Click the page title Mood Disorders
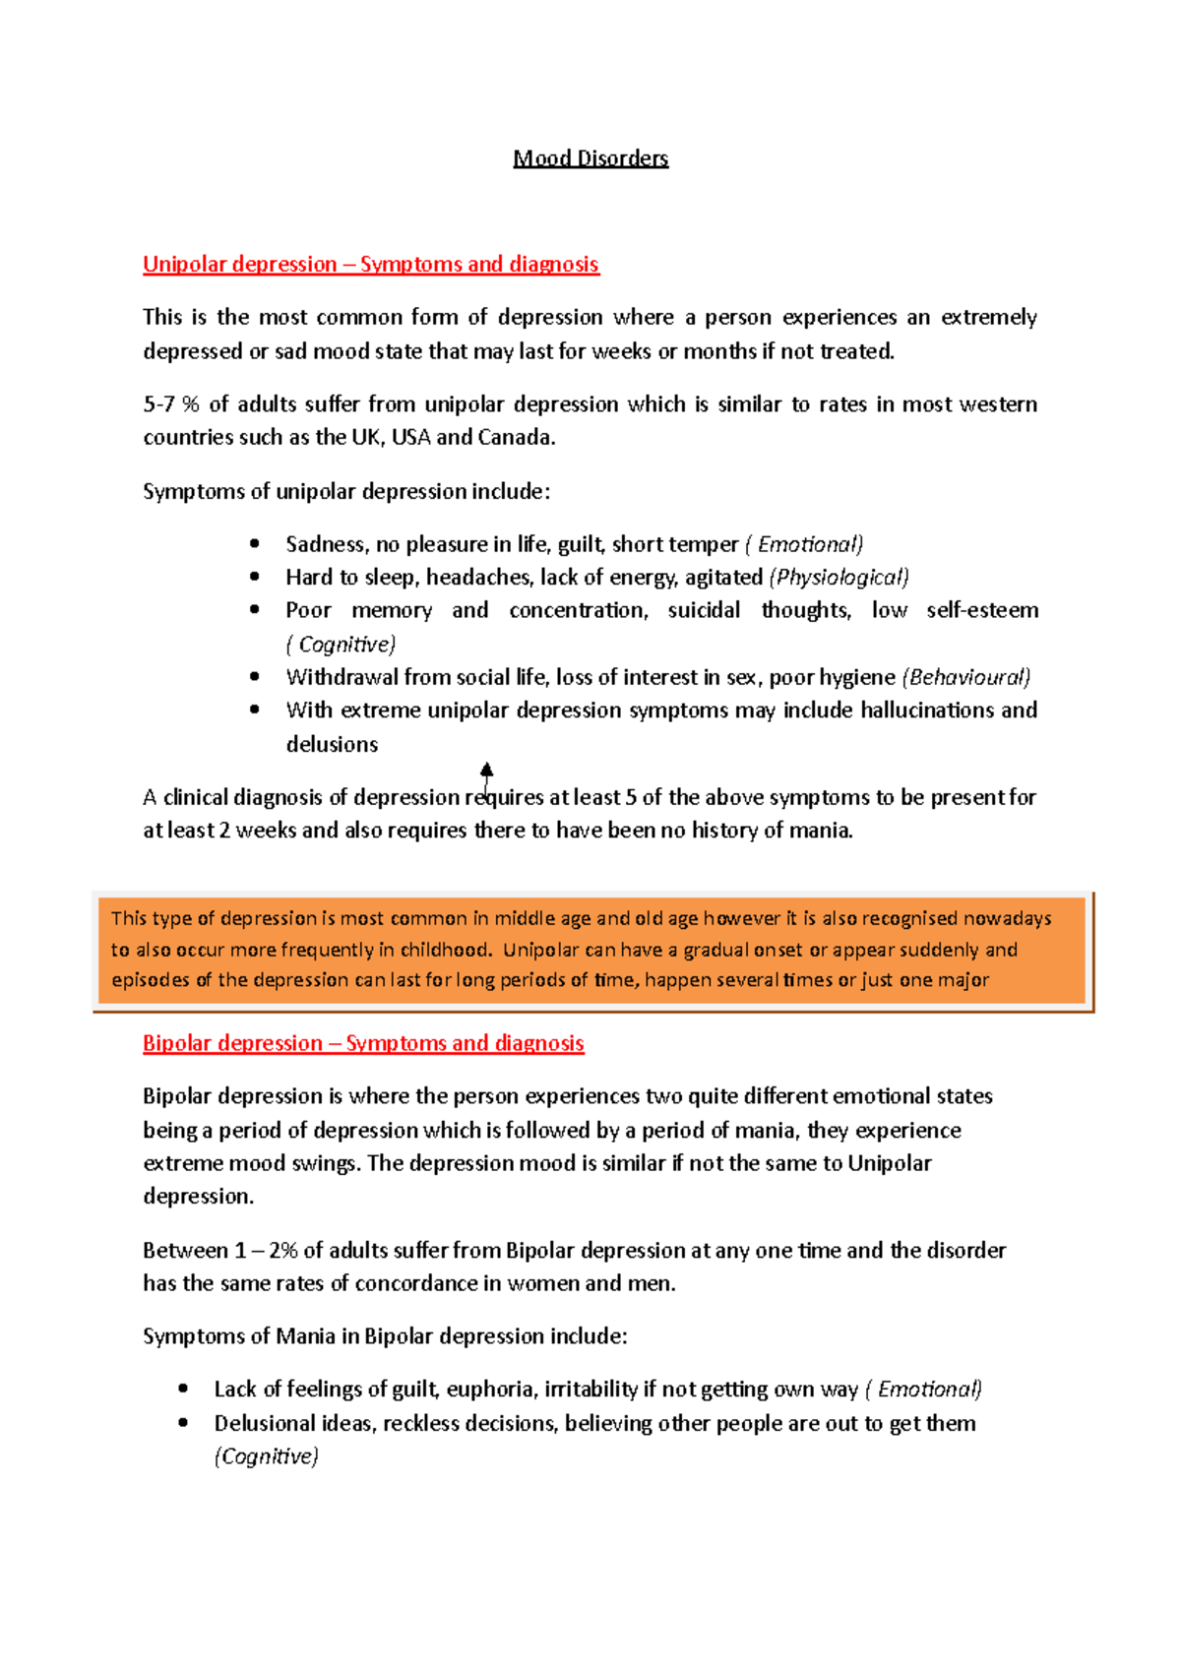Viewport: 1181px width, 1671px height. pos(590,158)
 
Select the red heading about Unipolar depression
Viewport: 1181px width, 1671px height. pos(370,264)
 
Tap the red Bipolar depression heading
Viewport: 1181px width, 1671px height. pos(363,1043)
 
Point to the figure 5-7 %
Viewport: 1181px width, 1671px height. pos(171,404)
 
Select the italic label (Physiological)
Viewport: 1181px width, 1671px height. pos(839,578)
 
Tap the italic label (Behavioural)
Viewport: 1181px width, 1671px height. pos(965,677)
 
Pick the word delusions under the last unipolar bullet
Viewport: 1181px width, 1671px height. pos(332,745)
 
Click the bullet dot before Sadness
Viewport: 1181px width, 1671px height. pos(255,543)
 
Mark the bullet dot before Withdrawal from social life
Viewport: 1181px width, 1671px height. pos(255,677)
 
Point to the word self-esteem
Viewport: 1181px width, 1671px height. pos(981,610)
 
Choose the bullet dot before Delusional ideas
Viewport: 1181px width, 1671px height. pos(183,1423)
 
